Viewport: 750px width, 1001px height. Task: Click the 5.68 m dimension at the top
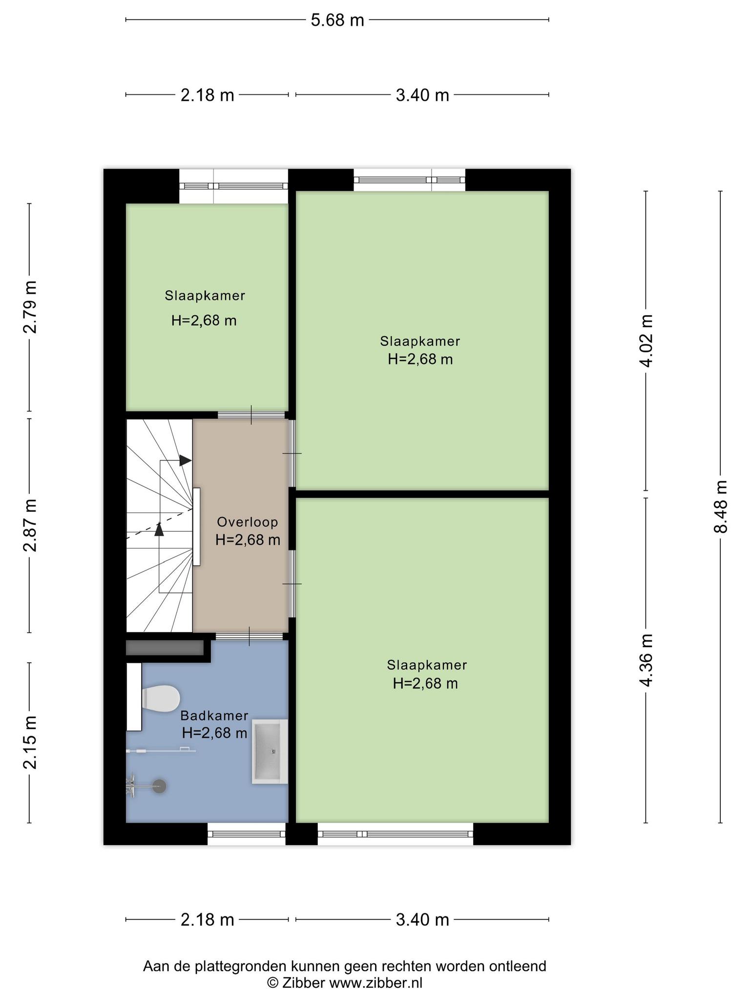coord(337,20)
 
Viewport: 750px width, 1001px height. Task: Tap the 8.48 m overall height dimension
coord(721,506)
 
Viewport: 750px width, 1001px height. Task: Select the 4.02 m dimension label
coord(646,340)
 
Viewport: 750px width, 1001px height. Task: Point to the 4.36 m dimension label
coord(646,660)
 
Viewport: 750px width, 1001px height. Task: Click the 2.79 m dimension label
coord(30,307)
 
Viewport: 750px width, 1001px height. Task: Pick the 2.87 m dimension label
coord(30,525)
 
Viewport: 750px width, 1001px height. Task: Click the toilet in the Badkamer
coord(160,698)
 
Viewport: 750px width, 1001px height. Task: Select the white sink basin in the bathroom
coord(270,752)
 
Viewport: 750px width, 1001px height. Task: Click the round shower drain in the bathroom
coord(159,786)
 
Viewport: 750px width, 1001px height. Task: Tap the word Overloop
coord(248,522)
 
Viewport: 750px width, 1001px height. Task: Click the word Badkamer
coord(214,716)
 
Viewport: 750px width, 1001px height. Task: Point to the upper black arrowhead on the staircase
coord(186,460)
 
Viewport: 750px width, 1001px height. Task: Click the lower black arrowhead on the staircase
coord(159,529)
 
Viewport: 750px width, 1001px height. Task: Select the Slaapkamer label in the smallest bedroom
coord(205,296)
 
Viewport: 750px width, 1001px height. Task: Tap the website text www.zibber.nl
coord(375,983)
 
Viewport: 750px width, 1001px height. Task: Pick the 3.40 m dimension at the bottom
coord(422,920)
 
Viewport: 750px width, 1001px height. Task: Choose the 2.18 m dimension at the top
coord(208,95)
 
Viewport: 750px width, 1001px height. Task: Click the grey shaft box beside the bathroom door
coord(165,648)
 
